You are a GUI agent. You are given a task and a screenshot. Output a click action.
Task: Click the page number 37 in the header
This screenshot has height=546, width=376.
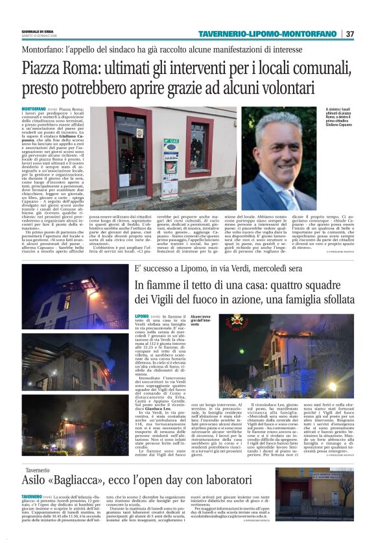coord(350,34)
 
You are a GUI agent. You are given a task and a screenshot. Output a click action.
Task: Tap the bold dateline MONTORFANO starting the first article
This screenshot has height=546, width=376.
coord(34,109)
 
